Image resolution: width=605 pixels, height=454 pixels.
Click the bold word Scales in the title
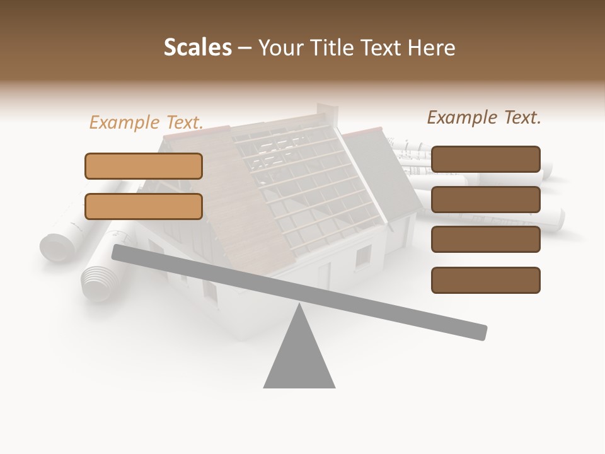pos(197,47)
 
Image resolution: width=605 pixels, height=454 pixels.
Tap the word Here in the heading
pos(431,48)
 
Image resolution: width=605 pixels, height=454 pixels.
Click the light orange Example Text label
pos(146,122)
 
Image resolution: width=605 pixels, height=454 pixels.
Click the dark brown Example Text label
pos(484,117)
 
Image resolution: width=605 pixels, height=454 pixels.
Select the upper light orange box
pos(144,166)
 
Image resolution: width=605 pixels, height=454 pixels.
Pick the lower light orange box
pos(144,206)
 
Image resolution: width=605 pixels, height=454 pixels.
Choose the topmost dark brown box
pos(486,159)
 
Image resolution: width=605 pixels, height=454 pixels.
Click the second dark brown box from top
pos(486,199)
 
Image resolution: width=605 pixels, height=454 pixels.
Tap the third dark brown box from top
pos(486,240)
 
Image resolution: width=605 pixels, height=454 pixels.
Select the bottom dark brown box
pos(486,280)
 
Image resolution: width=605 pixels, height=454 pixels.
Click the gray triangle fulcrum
pos(299,359)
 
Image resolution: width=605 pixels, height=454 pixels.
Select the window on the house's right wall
pos(364,257)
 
